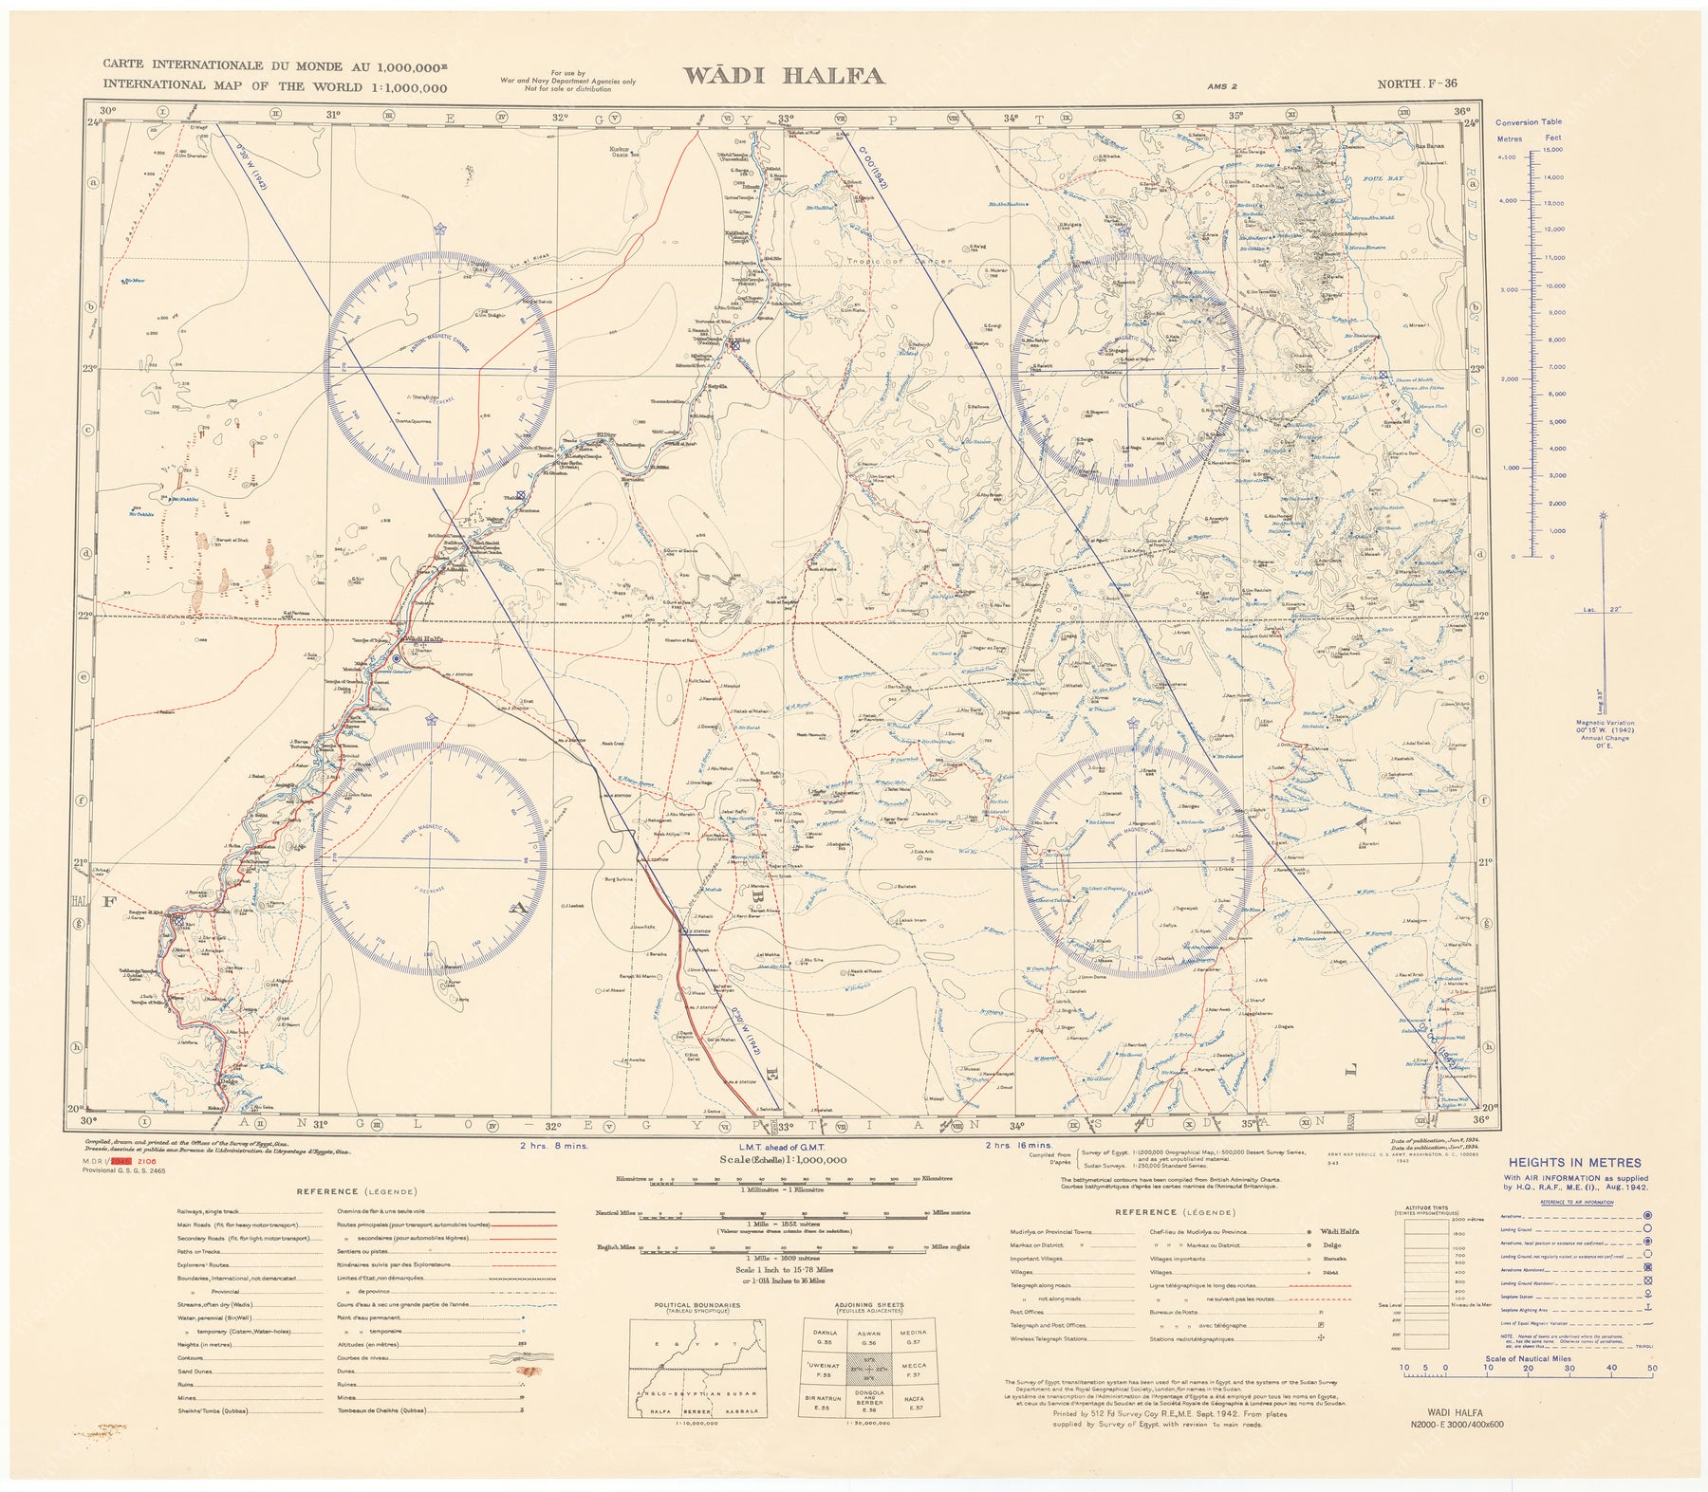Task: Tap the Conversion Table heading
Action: point(1528,122)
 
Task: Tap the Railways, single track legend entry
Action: point(213,1212)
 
